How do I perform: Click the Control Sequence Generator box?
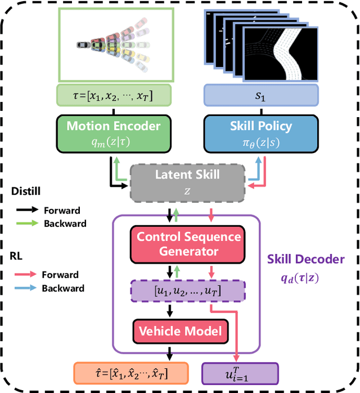[188, 243]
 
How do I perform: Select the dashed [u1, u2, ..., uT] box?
[188, 291]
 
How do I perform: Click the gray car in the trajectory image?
[82, 44]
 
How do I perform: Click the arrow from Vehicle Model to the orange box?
[169, 352]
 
